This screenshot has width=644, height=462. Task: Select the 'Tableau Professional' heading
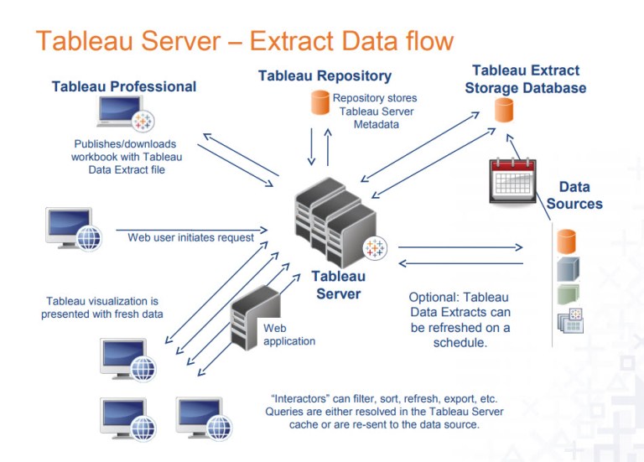[x=124, y=86]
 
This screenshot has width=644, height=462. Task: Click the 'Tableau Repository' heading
[x=325, y=75]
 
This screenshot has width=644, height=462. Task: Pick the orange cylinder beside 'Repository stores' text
[x=319, y=103]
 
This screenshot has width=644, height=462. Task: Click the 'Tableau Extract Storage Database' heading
[x=526, y=80]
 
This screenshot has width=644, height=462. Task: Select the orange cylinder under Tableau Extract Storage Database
[x=503, y=110]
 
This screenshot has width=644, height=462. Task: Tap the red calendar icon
[x=513, y=179]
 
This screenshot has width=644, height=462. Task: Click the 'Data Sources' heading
[x=574, y=195]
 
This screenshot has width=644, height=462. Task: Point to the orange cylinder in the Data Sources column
[x=568, y=241]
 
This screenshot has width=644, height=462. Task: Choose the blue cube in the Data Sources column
[x=568, y=268]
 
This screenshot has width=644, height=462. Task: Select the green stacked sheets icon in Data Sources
[x=568, y=294]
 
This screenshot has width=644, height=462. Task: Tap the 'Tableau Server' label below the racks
[x=339, y=285]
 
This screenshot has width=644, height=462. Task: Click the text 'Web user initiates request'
[x=190, y=237]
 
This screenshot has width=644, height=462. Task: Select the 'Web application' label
[x=289, y=335]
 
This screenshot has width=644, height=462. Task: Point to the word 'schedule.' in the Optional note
[x=459, y=343]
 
